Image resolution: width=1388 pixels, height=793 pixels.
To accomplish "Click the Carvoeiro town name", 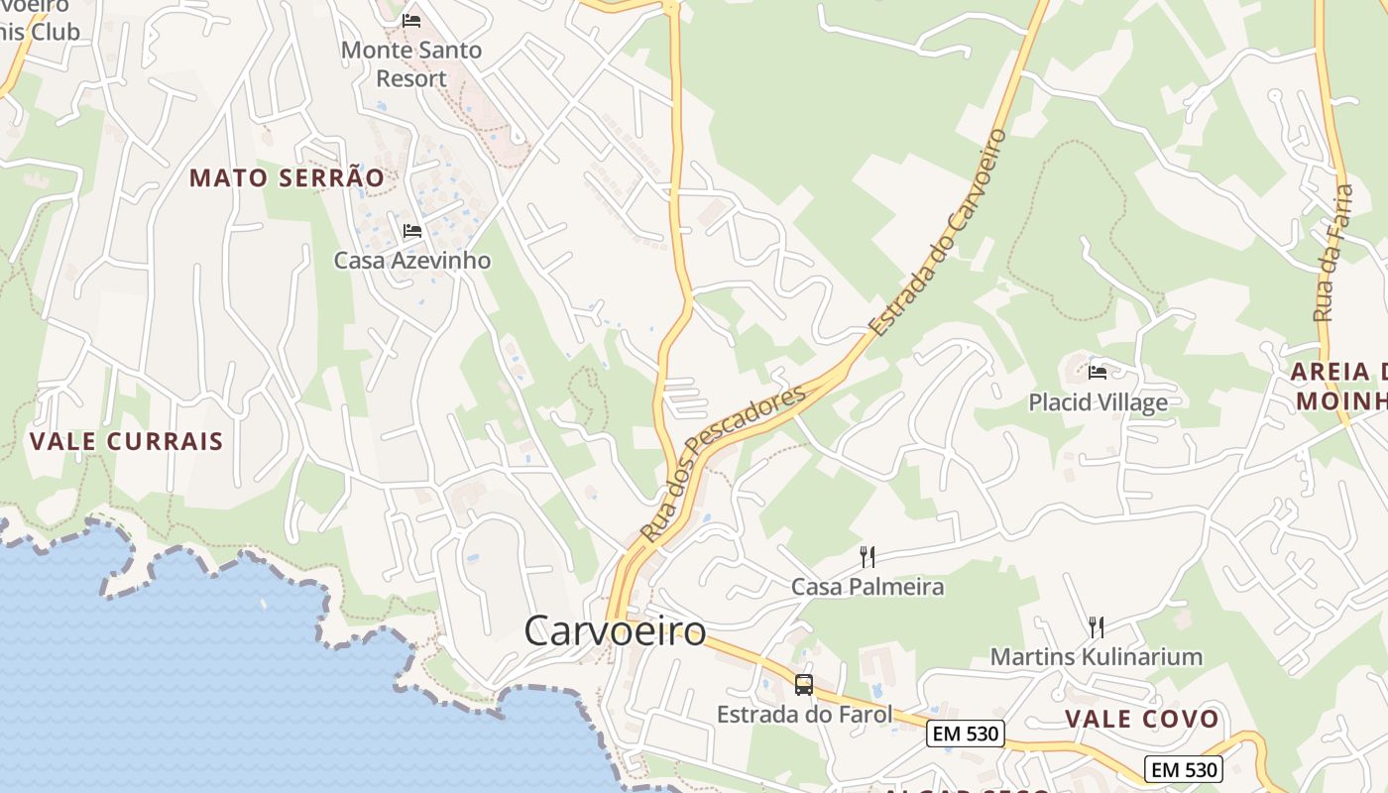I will [x=615, y=630].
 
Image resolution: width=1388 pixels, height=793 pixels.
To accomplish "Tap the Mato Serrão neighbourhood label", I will [x=287, y=178].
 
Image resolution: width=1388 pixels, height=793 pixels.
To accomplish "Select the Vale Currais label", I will [x=127, y=441].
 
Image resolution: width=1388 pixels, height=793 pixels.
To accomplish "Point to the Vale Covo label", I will [x=1142, y=719].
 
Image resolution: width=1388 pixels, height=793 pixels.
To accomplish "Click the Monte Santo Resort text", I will [x=411, y=63].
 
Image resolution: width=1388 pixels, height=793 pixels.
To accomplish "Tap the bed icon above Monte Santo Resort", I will [x=411, y=20].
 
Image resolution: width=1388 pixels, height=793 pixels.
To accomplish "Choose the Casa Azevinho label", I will [x=411, y=261].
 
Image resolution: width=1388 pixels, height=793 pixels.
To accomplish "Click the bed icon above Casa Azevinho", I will [x=412, y=231].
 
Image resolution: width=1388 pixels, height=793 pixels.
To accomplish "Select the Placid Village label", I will [x=1098, y=402].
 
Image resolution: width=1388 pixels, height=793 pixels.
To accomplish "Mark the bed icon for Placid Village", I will [x=1098, y=373].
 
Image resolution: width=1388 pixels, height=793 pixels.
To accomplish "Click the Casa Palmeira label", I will [x=867, y=587].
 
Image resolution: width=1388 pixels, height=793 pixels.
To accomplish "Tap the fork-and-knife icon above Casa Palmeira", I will [x=867, y=556].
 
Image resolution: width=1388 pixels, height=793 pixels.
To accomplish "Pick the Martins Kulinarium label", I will [x=1097, y=656].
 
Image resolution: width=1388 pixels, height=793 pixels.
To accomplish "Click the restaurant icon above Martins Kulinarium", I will [x=1097, y=626].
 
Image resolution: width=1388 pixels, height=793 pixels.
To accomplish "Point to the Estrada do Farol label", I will [x=804, y=714].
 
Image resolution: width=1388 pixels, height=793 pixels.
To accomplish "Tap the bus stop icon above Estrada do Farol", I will [x=804, y=684].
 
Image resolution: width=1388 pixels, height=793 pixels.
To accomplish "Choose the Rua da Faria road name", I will [x=1333, y=252].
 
